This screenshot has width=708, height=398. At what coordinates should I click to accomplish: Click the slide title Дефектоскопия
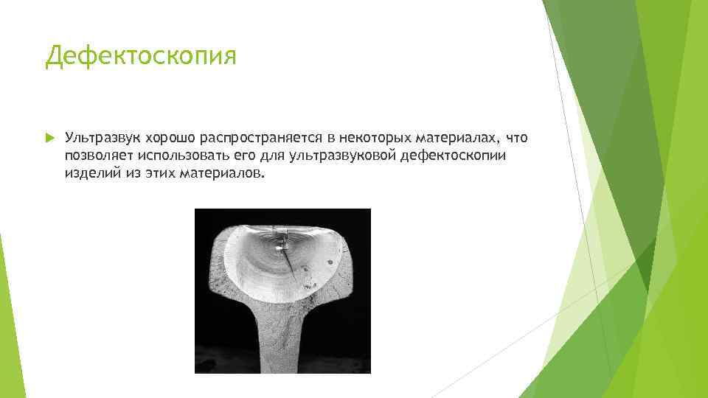(141, 56)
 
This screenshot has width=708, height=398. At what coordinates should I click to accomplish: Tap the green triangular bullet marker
(49, 138)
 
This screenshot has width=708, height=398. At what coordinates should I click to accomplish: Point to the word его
(243, 156)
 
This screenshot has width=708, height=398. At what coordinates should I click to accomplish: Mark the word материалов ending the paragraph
(220, 175)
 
